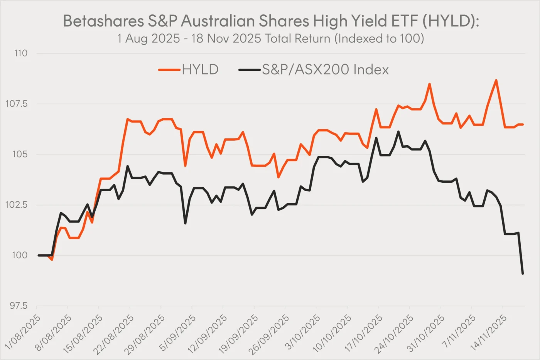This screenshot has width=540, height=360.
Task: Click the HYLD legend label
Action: pos(200,70)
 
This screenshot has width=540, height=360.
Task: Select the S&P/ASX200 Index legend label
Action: pos(325,70)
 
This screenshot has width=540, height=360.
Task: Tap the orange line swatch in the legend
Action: pos(169,70)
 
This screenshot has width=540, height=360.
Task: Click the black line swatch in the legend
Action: pos(250,70)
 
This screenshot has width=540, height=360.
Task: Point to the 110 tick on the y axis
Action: pos(21,53)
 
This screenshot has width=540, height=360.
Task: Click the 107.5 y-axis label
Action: pos(17,104)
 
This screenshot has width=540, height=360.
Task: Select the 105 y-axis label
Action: pos(20,154)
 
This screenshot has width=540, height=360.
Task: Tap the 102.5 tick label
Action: pos(17,205)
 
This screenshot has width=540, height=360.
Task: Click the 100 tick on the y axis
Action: pos(20,255)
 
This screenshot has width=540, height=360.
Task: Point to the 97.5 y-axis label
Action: pos(18,306)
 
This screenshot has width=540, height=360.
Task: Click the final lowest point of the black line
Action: pos(523,274)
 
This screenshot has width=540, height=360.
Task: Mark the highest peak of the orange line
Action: pos(496,80)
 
